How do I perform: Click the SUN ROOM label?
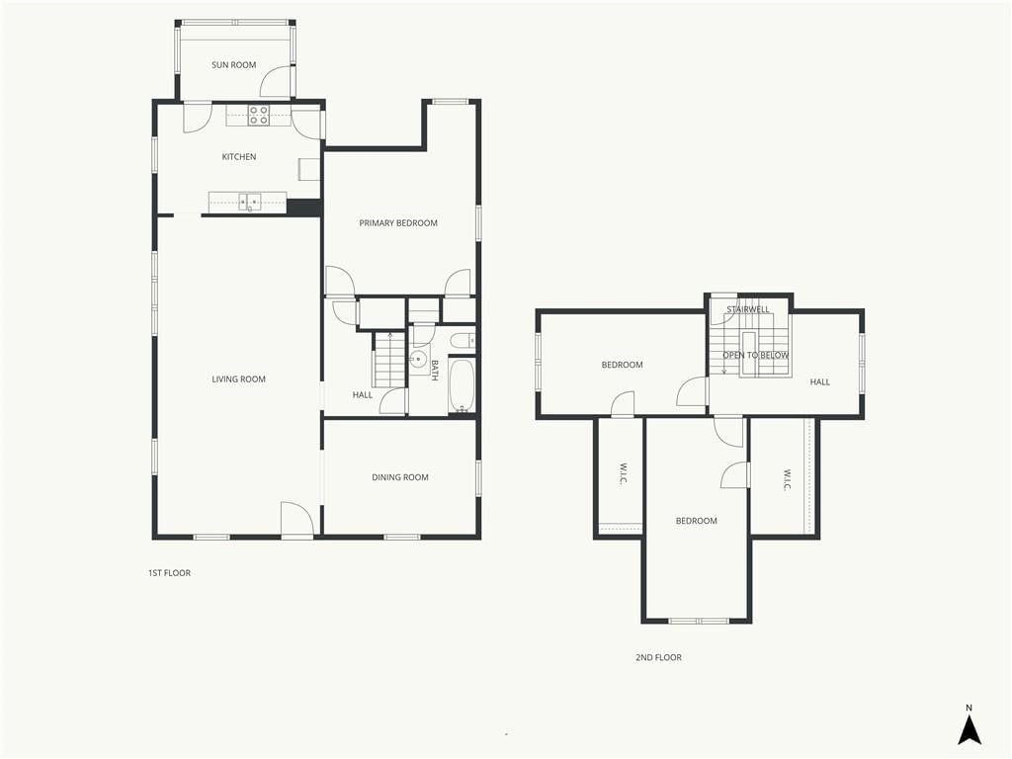(x=233, y=64)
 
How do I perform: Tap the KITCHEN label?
(x=239, y=157)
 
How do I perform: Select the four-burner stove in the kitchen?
(x=259, y=116)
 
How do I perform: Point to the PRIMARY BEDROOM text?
(x=398, y=223)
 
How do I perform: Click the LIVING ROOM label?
(x=239, y=379)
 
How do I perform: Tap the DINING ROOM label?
(x=400, y=477)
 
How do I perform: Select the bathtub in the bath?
(x=462, y=385)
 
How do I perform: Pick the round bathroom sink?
(x=418, y=359)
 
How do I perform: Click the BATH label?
(x=435, y=371)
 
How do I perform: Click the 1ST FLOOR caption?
(x=169, y=573)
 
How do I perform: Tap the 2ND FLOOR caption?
(x=658, y=657)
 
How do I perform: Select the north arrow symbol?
(x=969, y=725)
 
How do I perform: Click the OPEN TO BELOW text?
(x=756, y=356)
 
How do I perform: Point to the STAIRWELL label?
(x=748, y=309)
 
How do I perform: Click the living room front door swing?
(x=296, y=518)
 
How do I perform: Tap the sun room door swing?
(x=277, y=82)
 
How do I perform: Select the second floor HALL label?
(x=819, y=382)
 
